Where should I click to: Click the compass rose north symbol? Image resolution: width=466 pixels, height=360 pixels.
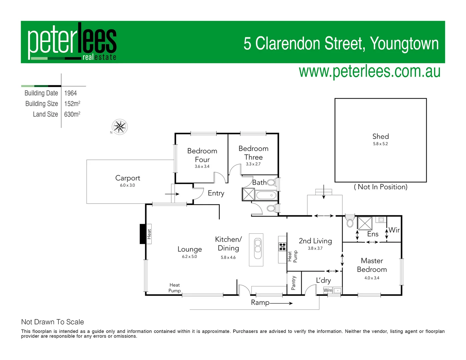click(119, 127)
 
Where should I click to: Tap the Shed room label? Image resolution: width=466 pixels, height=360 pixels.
click(380, 136)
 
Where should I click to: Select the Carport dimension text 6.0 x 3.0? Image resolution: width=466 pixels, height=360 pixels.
click(127, 185)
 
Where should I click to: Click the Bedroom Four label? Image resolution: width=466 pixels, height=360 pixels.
click(202, 155)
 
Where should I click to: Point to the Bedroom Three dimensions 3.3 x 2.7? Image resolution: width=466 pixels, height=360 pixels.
click(253, 164)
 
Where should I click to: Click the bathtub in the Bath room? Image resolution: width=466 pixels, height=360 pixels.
click(266, 195)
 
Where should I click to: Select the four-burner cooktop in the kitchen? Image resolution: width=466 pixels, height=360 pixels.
click(282, 247)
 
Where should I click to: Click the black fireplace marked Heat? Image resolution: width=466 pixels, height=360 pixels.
click(143, 234)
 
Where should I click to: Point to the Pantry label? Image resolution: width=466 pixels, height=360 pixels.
click(293, 283)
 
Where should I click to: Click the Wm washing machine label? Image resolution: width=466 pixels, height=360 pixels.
click(328, 290)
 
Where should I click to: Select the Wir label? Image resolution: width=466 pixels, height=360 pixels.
click(394, 230)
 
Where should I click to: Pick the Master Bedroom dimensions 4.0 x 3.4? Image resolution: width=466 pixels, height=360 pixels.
click(372, 278)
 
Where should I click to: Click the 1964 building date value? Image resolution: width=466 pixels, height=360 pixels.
click(70, 93)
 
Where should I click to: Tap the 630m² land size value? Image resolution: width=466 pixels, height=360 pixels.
click(72, 114)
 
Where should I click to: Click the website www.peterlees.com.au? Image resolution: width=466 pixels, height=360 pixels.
click(369, 72)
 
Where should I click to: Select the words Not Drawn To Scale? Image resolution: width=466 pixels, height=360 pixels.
click(53, 322)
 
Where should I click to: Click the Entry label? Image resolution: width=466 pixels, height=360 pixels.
click(216, 193)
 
